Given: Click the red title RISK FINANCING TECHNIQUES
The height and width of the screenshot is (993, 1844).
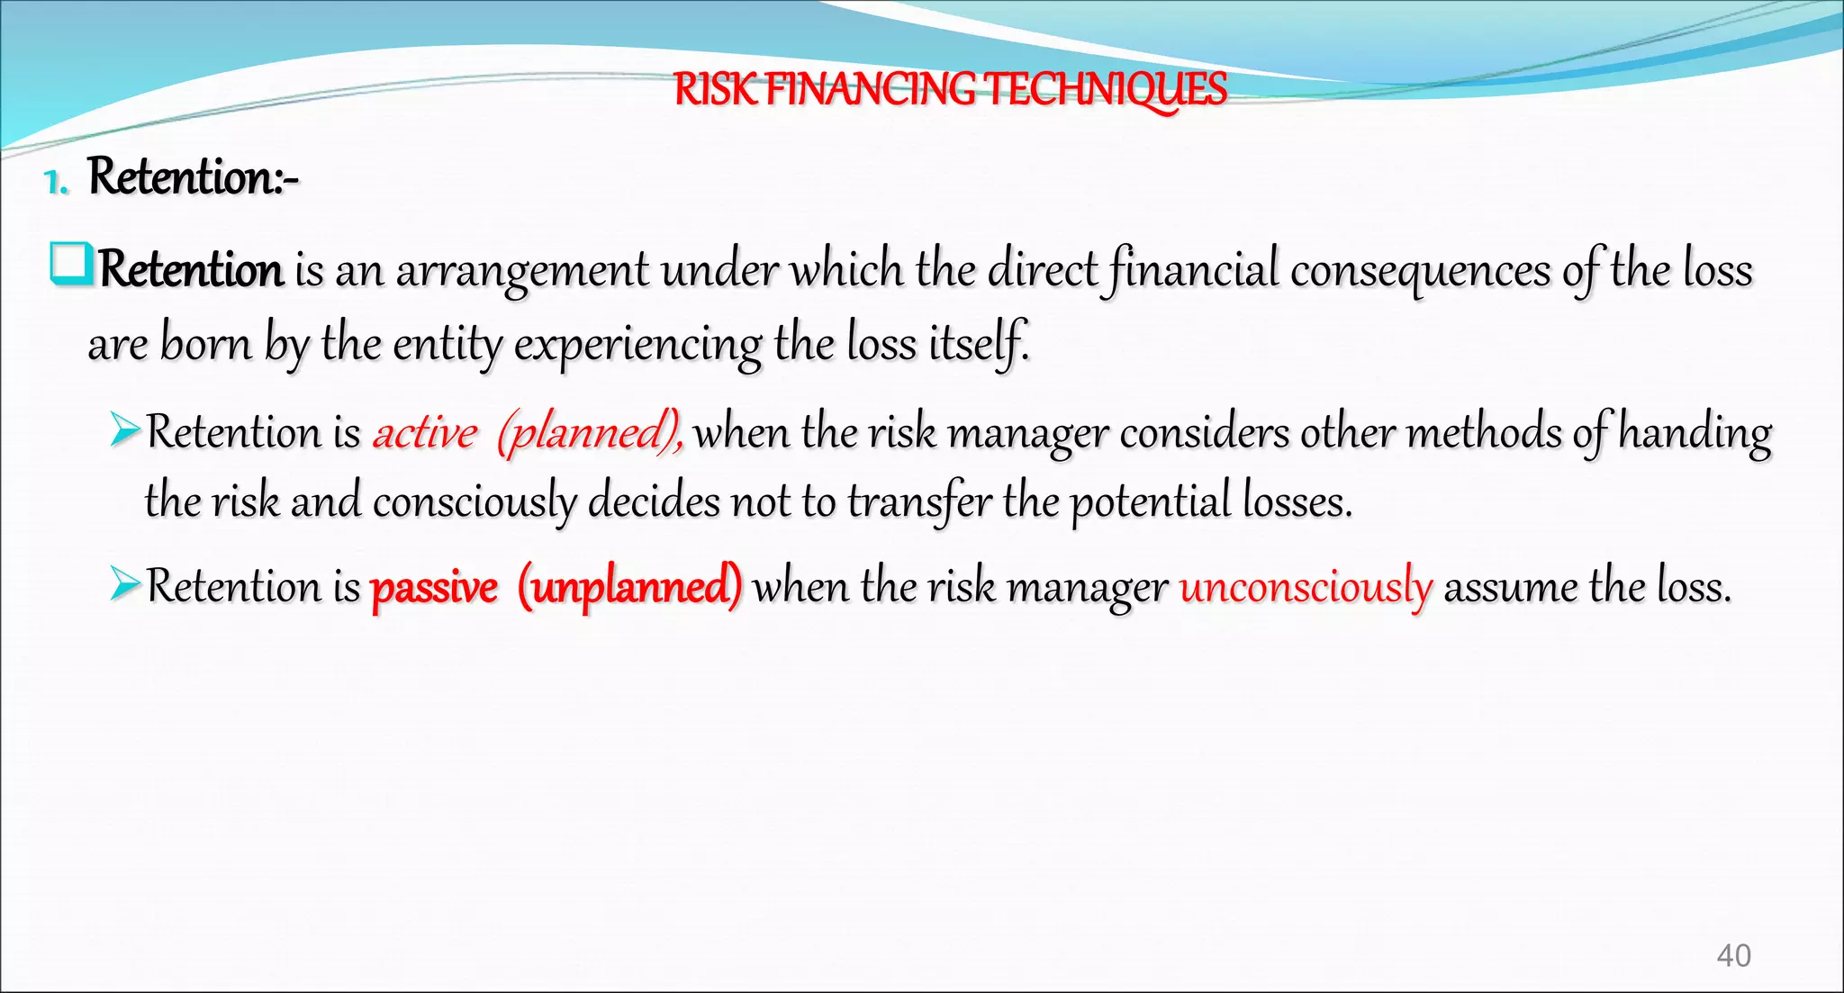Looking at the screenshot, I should coord(950,90).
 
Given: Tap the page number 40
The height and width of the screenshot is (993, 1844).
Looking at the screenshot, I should coord(1733,955).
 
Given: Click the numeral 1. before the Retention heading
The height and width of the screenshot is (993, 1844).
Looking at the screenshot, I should coord(56,183).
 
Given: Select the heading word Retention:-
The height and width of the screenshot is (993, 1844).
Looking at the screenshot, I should coord(193,176).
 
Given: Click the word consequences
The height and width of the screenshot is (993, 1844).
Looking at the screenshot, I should coord(1420,270).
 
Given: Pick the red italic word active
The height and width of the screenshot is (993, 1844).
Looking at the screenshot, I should coord(425,432).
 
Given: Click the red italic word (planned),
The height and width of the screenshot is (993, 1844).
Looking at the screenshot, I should coord(590,433).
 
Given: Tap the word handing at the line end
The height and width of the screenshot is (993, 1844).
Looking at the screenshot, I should coord(1695,433).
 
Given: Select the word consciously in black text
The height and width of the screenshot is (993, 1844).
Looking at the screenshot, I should coord(475,502).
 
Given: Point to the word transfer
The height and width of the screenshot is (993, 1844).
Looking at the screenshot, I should coord(919,502).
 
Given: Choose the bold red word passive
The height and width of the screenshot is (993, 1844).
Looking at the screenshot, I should coord(434,588).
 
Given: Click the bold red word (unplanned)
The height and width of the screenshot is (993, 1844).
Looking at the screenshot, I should coord(629,588).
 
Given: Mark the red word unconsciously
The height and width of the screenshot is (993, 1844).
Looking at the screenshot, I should coord(1306,588).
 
